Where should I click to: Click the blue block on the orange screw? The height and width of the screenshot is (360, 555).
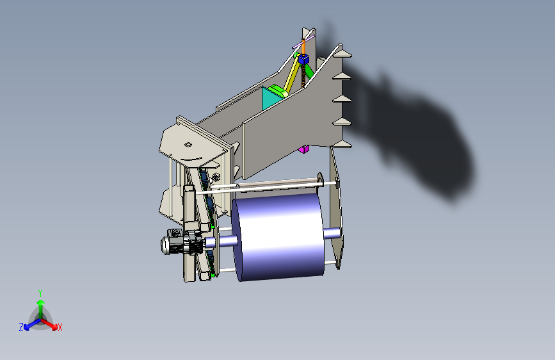coord(303,59)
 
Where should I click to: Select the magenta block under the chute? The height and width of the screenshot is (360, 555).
coord(303,149)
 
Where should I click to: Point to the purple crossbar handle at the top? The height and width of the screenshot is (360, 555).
coord(303,42)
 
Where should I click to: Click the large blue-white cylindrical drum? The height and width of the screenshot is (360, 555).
coord(278,237)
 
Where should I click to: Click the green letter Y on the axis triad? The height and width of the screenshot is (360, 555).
coord(40,293)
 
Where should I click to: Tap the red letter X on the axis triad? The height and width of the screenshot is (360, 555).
coord(60,328)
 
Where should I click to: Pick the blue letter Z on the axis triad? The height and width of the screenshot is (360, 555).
coord(21,327)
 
